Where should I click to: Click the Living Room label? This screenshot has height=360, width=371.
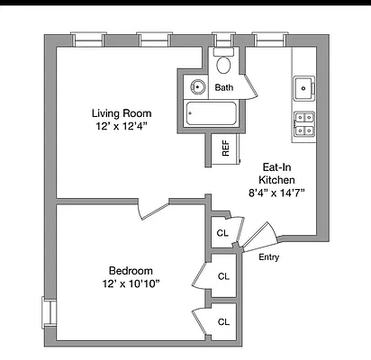122,113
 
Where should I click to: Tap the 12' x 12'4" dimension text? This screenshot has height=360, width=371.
122,126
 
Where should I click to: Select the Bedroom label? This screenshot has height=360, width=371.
131,271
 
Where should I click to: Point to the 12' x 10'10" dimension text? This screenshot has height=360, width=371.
131,283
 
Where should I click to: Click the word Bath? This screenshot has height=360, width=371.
224,87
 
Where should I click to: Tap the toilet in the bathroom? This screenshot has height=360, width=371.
223,61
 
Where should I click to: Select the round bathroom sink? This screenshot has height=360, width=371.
198,87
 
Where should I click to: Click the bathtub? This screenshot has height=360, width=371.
212,113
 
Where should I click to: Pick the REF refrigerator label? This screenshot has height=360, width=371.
226,148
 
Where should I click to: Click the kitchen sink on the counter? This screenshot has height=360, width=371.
304,88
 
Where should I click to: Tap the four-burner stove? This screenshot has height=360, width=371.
304,124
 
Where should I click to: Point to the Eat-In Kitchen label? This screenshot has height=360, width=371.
276,174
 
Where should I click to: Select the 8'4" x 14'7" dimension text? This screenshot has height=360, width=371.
276,193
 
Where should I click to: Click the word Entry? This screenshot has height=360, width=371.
269,257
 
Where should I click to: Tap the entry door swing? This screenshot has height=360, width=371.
260,237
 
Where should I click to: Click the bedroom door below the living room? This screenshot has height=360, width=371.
154,211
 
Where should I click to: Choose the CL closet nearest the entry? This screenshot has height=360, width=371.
222,233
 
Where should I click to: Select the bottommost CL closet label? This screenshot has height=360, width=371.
223,322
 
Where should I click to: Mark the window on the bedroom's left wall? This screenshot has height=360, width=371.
49,313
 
